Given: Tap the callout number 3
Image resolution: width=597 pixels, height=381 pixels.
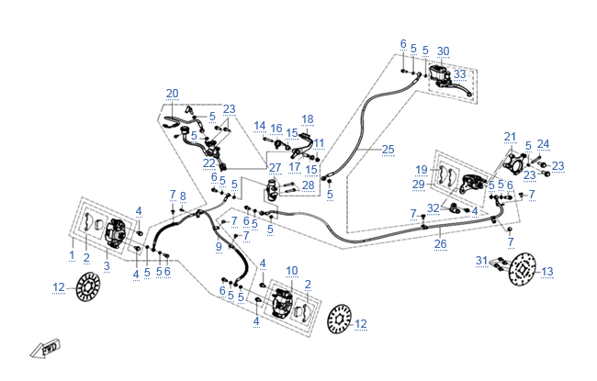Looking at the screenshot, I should pos(107,266).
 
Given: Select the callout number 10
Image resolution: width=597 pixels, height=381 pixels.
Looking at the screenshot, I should pos(292,270).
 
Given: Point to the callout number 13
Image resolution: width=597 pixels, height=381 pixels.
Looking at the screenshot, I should pos(548,271).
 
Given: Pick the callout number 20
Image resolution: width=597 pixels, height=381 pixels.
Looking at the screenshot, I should pos(173,94).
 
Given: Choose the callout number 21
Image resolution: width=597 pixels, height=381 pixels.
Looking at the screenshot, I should pos(511,138).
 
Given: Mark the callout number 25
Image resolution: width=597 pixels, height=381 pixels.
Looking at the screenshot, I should pos(388,149).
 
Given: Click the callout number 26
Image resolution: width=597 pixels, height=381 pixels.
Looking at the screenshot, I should pos(440,244).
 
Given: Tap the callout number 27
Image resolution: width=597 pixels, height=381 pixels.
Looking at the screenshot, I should pos(275,168).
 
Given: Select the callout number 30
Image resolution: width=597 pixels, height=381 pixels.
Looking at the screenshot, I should pos(444,50).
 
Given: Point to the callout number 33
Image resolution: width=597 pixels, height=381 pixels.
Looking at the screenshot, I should pos(459,73).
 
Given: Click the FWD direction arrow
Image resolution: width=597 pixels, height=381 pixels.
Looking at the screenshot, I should pos(45,348).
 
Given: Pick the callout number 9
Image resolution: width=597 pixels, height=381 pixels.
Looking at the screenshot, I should pos(219,246).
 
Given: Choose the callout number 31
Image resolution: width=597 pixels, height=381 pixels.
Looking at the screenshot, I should pos(481,261).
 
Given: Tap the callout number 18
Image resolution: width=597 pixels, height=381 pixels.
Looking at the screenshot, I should pos(307,119).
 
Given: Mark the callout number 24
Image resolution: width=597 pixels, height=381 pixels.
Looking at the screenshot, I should pos(544,144).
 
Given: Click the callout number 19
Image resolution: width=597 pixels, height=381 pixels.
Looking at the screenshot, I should pos(421,169).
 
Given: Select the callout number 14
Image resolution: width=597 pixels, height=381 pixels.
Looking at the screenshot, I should pos(260,127).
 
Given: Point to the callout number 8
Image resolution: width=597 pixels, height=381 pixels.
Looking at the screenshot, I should pos(183,196).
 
